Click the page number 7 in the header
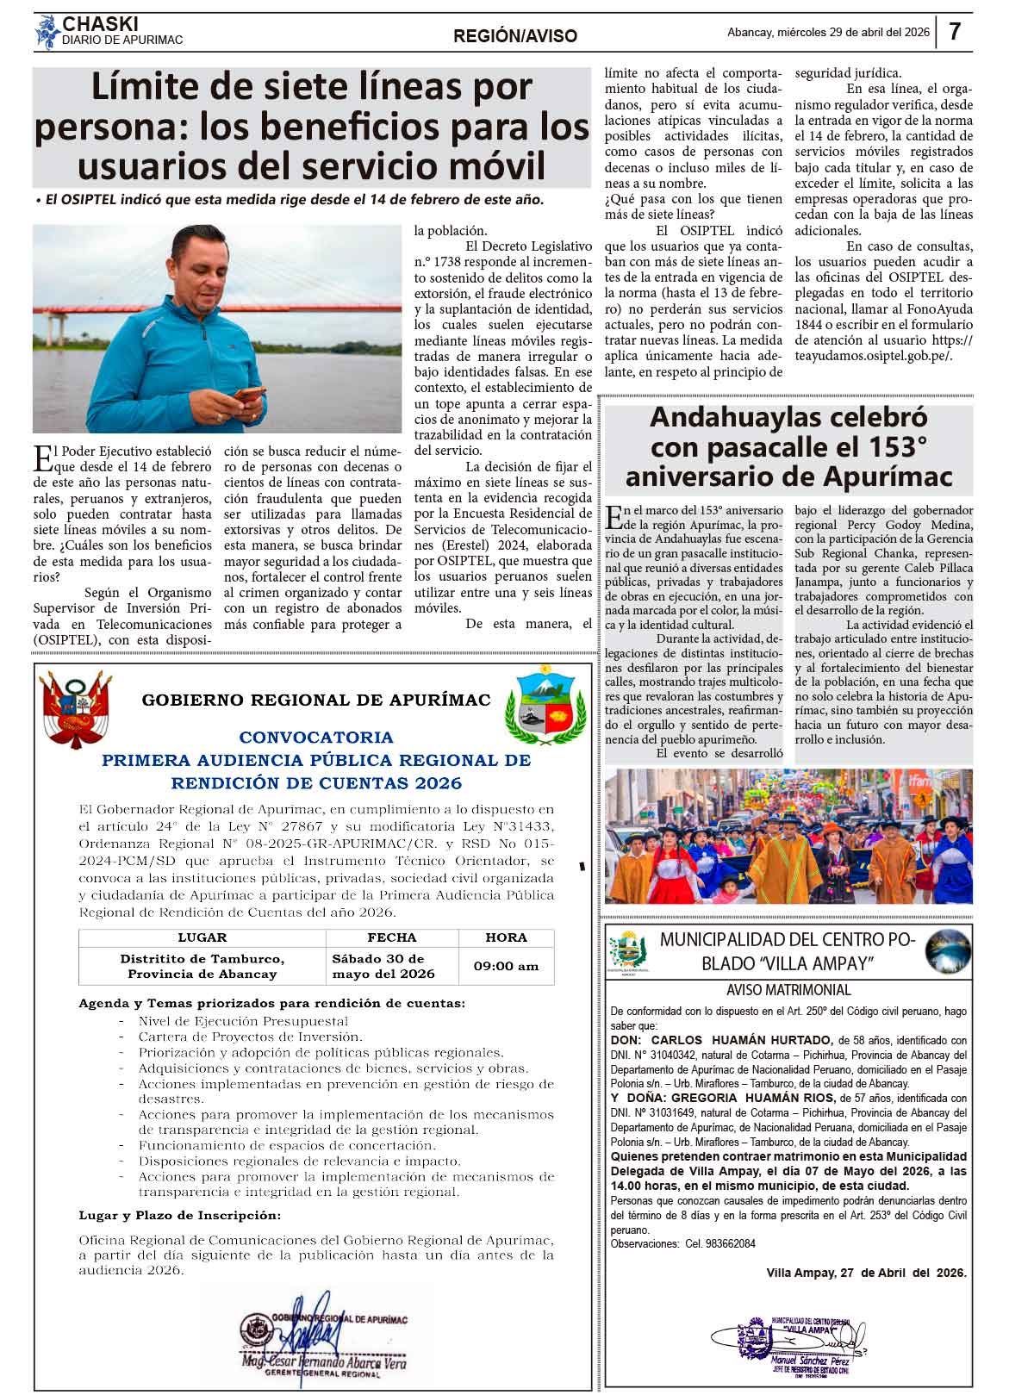tap(955, 32)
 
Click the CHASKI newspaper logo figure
tap(46, 33)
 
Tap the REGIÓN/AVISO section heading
tap(515, 36)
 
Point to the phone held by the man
tap(250, 395)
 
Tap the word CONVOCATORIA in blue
tap(316, 738)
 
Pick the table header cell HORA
tap(506, 937)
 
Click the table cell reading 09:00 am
tap(506, 966)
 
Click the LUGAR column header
tap(202, 937)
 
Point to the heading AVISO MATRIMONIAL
tap(788, 990)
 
